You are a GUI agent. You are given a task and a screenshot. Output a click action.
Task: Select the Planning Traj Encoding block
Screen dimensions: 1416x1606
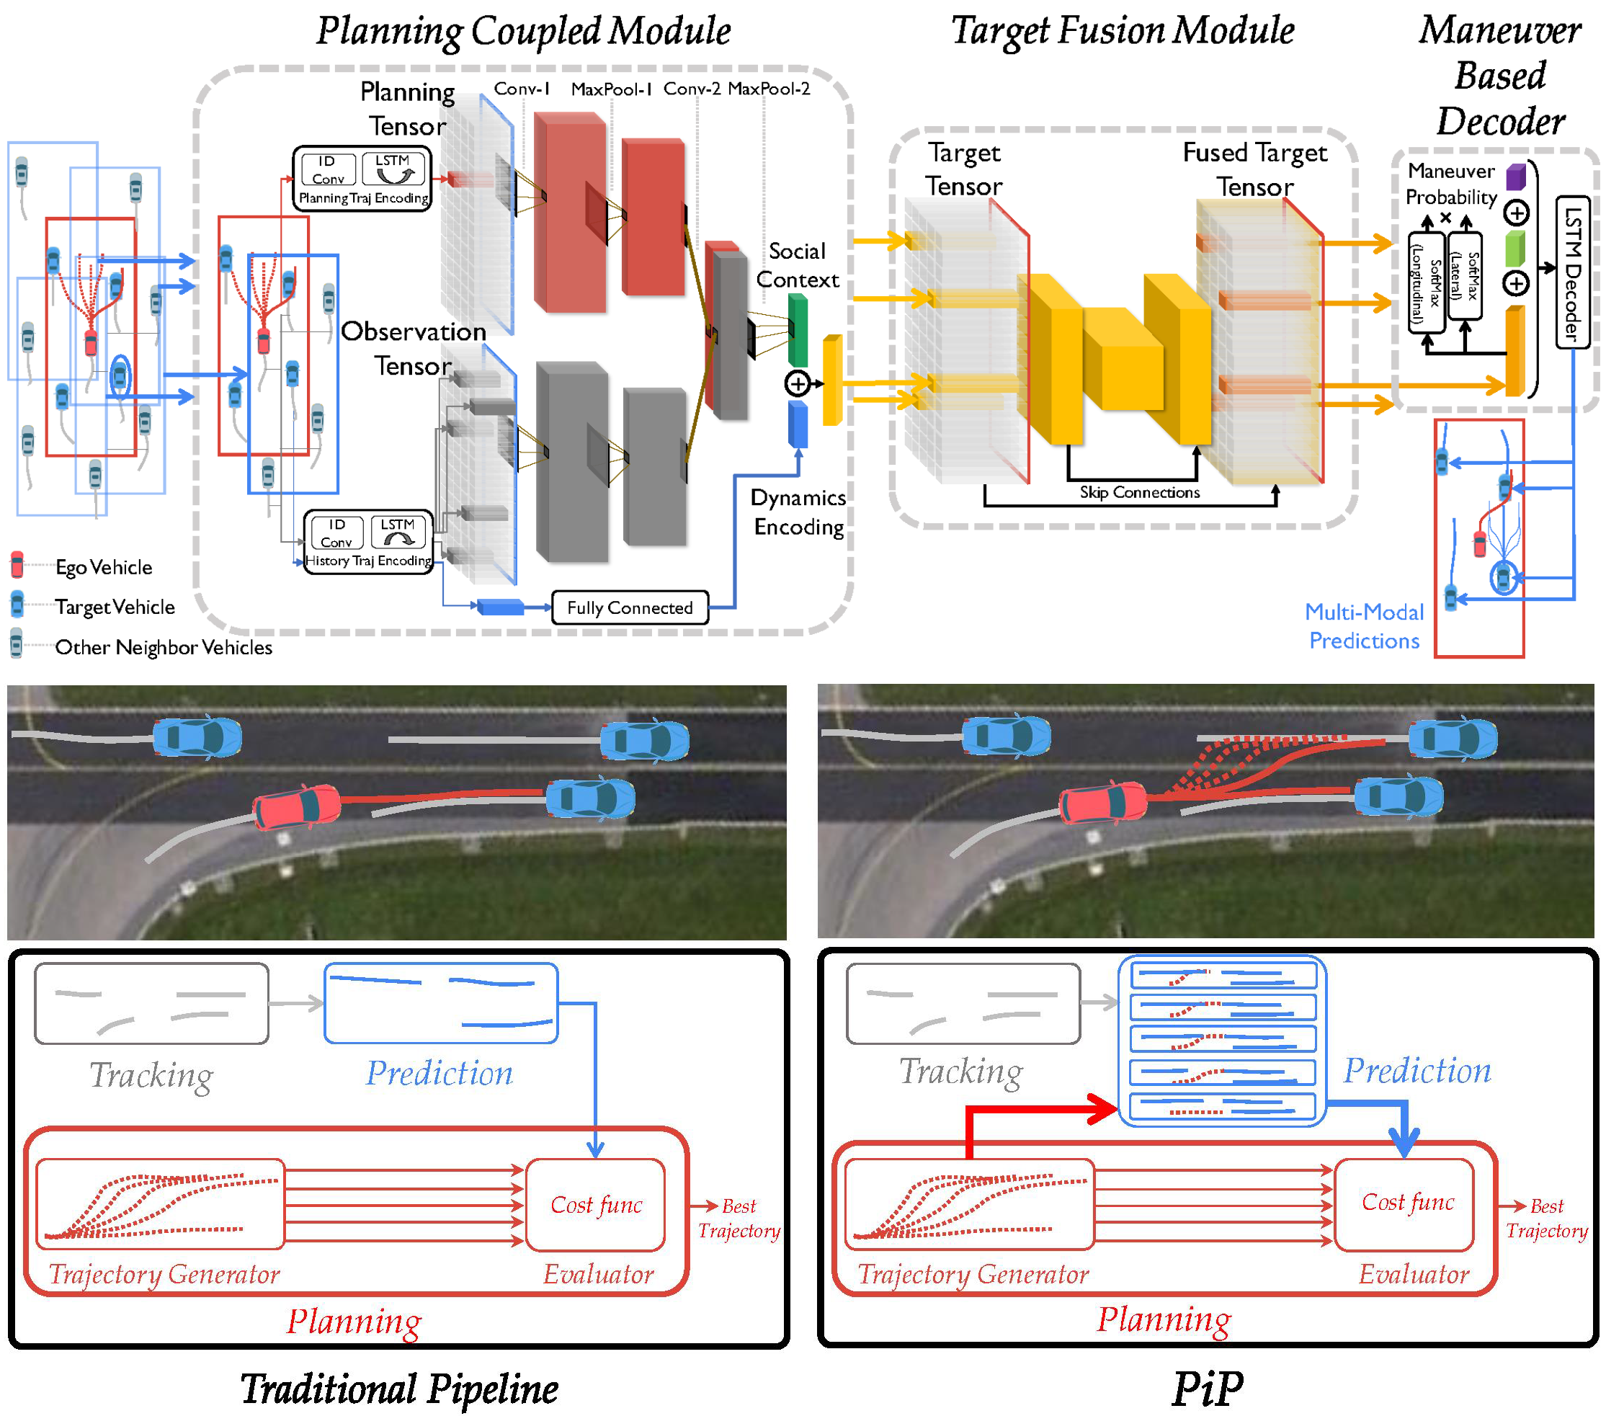pos(363,179)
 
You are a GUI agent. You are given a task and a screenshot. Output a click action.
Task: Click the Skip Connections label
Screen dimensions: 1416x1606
pos(1139,493)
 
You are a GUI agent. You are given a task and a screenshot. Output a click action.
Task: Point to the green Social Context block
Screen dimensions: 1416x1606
pos(798,330)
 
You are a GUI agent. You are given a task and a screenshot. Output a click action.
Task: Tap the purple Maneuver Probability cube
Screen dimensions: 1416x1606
pos(1516,177)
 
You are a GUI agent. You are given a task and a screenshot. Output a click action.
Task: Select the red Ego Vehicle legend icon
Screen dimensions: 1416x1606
pos(17,566)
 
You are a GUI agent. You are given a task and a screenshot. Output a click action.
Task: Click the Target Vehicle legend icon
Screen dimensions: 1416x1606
pos(17,605)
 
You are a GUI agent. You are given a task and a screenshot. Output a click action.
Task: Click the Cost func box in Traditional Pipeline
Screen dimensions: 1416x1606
pos(596,1205)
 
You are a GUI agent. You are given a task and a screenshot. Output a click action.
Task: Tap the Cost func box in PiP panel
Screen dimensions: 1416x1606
pos(1407,1202)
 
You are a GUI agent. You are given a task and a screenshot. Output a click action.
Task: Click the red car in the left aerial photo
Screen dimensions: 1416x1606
pos(297,807)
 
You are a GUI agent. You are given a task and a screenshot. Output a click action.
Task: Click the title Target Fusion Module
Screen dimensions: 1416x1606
pos(1123,32)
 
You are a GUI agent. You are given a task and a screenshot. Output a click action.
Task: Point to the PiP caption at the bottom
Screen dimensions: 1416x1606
pos(1208,1389)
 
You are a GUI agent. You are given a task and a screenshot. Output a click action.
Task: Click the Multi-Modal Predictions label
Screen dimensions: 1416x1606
pos(1364,626)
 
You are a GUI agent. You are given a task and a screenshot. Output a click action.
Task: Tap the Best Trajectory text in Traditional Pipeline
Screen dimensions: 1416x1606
pos(739,1218)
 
